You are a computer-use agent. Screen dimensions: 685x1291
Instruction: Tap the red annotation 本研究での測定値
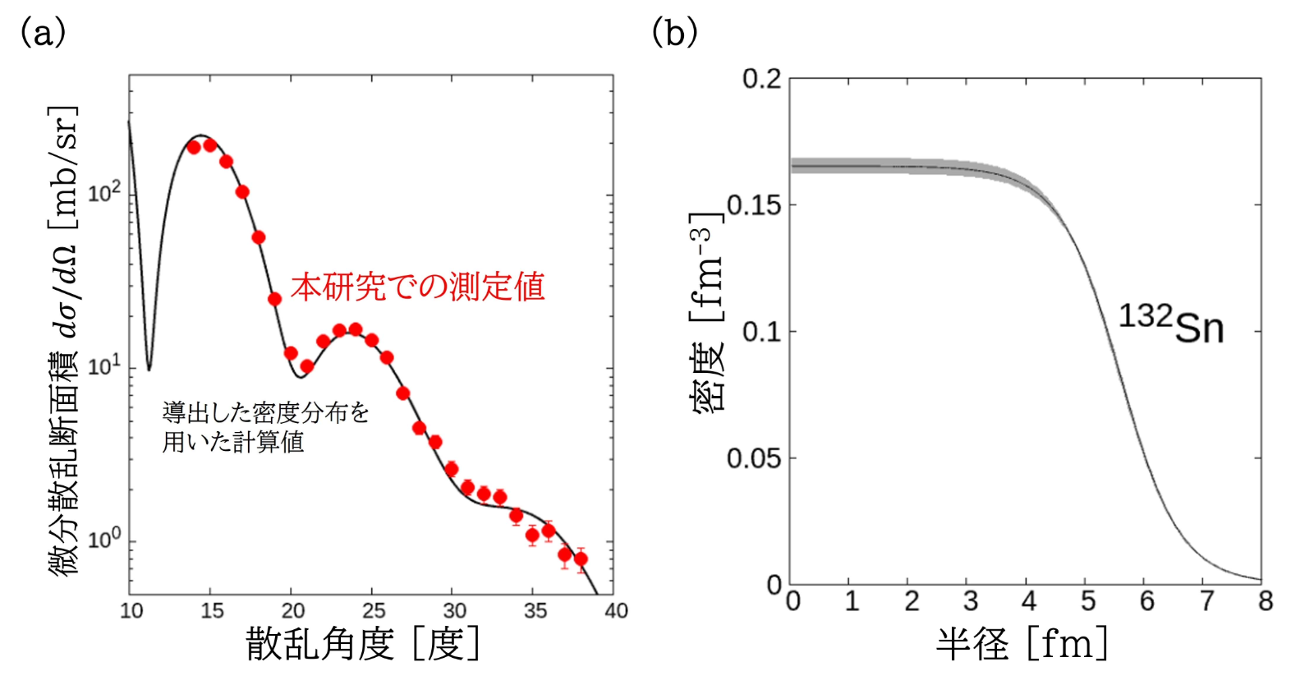tap(417, 287)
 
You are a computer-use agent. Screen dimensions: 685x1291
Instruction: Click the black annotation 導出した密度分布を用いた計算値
tap(265, 427)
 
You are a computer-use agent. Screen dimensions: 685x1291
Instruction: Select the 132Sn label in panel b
tap(1171, 324)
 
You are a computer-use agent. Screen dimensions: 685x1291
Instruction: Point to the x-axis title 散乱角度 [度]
tap(362, 643)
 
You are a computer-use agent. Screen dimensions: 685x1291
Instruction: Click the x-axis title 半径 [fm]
tap(1022, 643)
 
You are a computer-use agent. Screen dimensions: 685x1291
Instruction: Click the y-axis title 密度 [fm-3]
tap(708, 312)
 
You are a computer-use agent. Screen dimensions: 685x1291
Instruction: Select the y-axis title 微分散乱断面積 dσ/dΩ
tap(64, 341)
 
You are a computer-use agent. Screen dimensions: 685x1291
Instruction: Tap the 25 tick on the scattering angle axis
tap(373, 611)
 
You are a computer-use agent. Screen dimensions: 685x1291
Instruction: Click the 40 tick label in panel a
tap(616, 611)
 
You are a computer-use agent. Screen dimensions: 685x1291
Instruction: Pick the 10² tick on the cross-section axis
tap(104, 194)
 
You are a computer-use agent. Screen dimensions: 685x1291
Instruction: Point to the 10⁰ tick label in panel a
tap(104, 540)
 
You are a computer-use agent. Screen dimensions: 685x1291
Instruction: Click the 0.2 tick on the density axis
tap(761, 79)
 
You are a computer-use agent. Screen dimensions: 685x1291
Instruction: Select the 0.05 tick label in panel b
tap(753, 457)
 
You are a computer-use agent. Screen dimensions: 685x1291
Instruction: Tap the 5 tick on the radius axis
tap(1087, 602)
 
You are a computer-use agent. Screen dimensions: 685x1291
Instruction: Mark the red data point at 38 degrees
tap(581, 559)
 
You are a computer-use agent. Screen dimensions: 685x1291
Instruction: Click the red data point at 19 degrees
tap(274, 299)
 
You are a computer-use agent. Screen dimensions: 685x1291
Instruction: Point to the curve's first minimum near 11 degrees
tap(149, 369)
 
